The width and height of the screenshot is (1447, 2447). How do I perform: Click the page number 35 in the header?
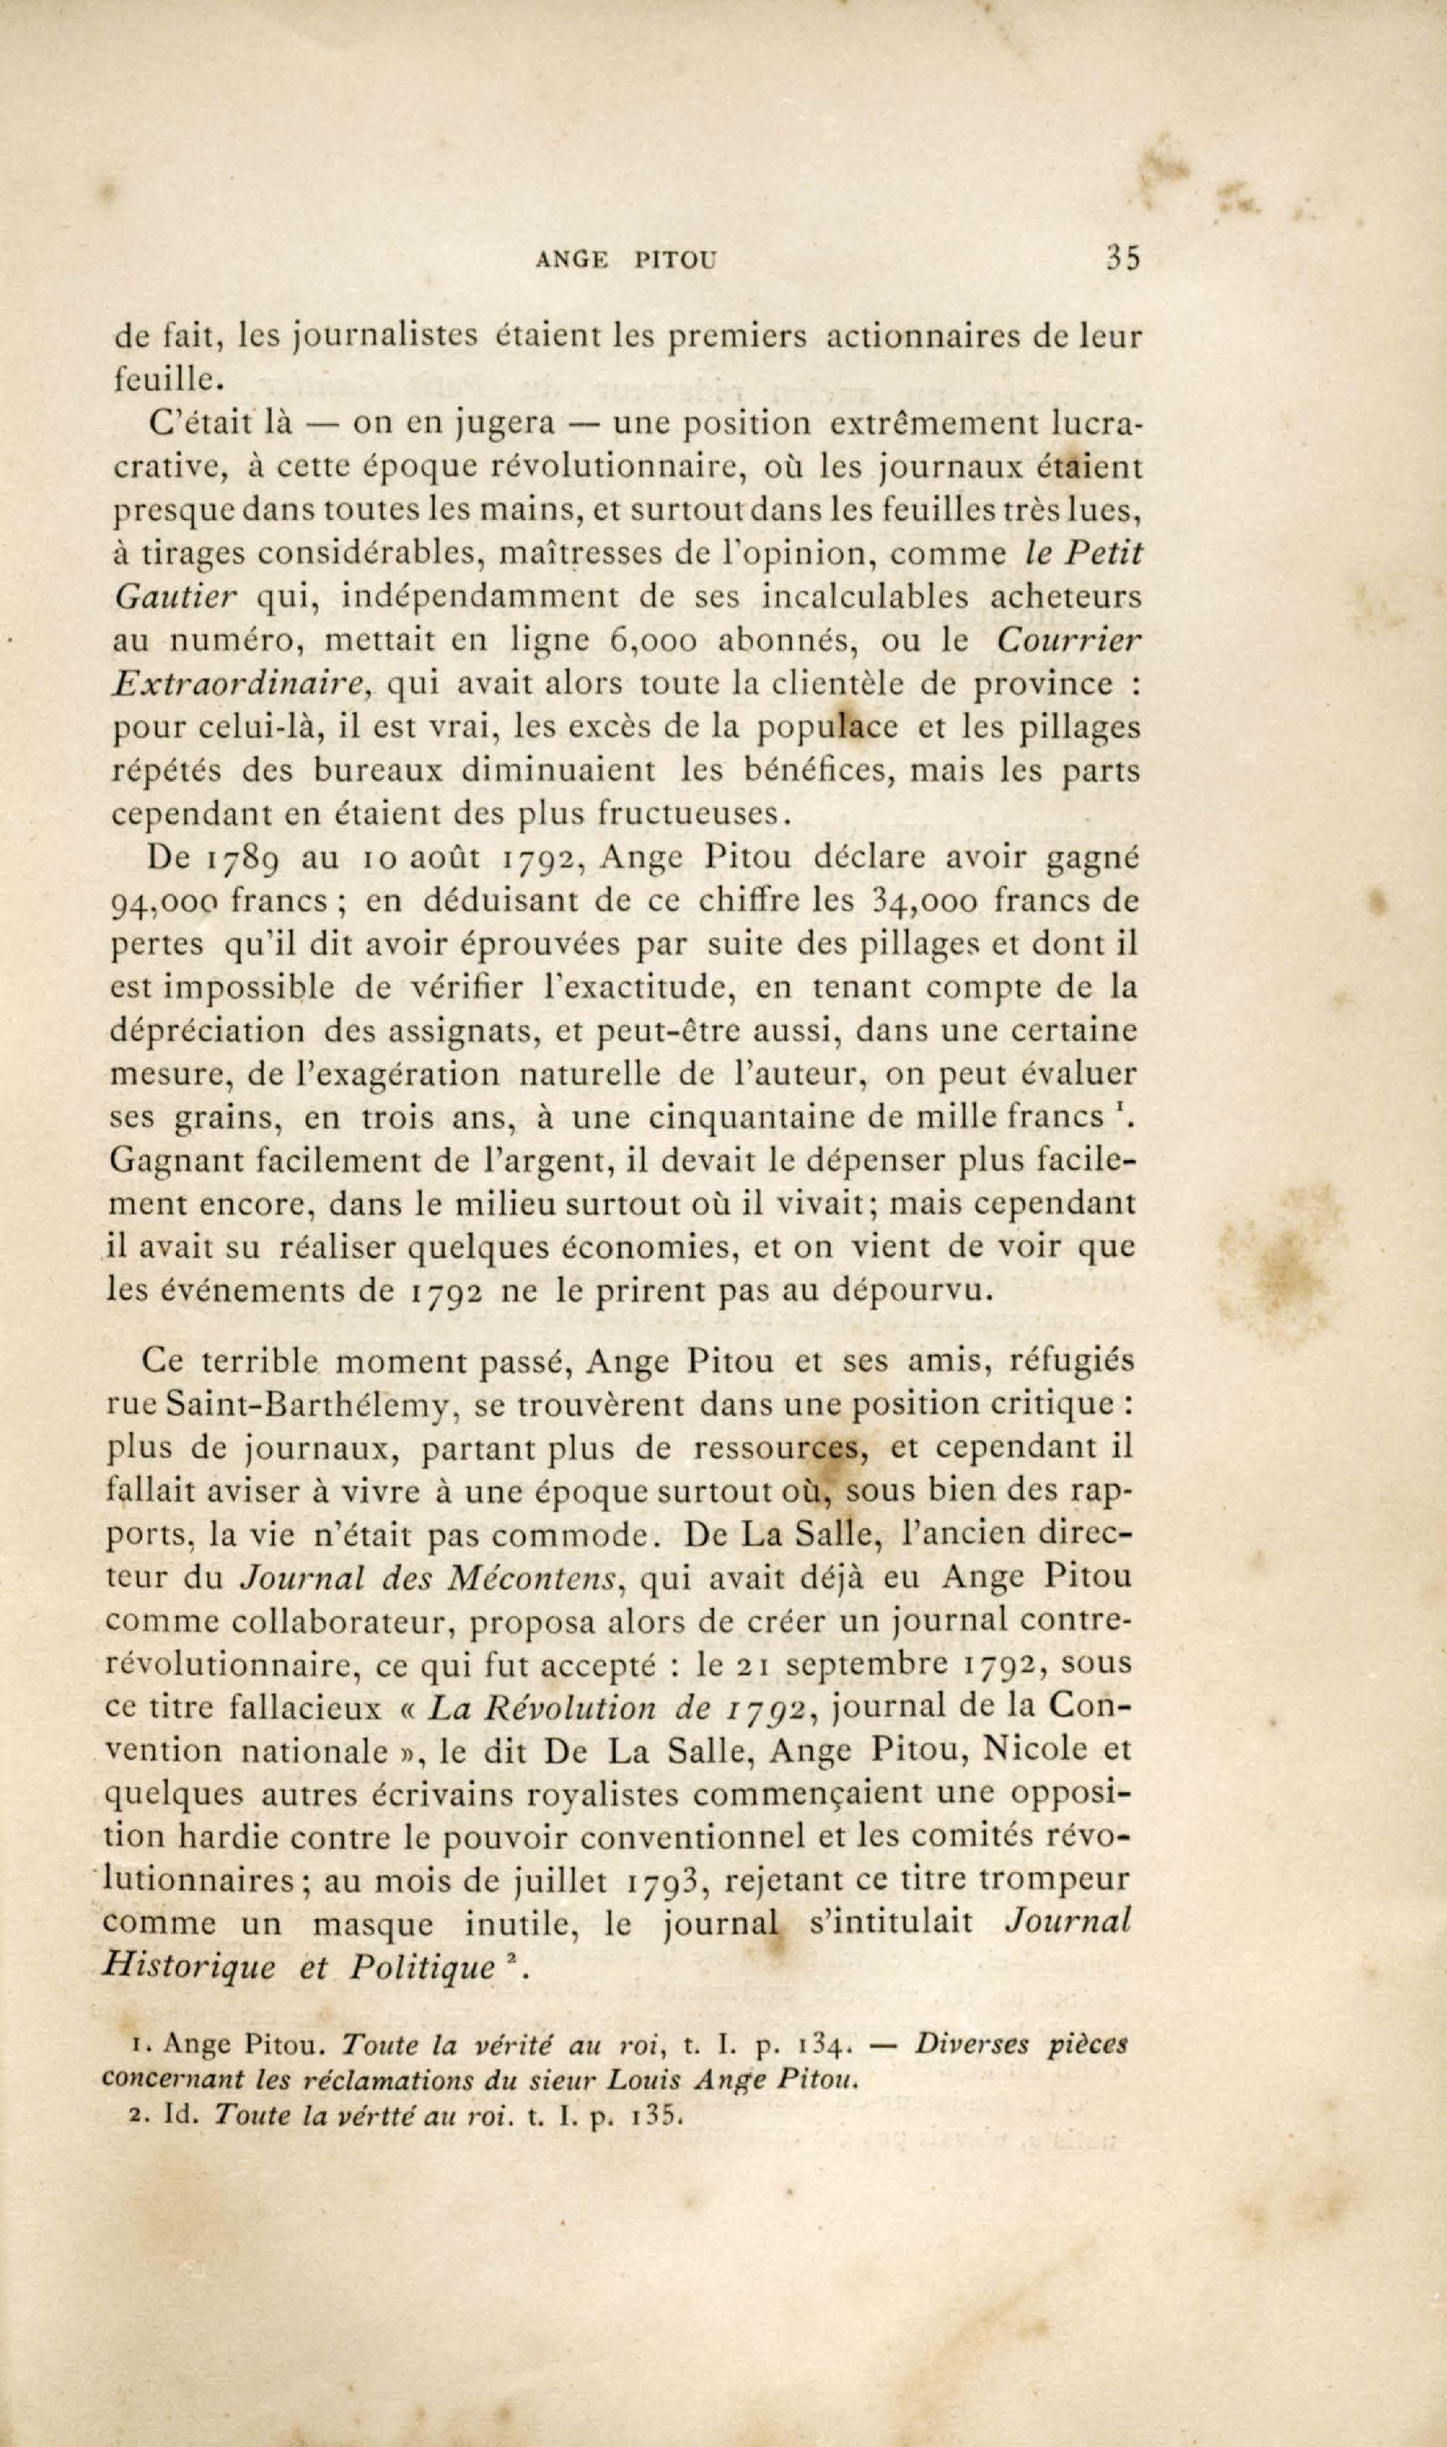pyautogui.click(x=1123, y=260)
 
